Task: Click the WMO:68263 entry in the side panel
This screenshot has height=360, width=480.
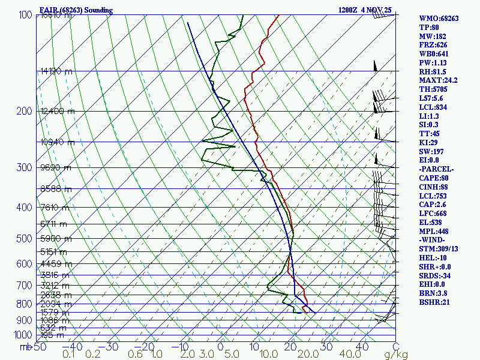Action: [439, 19]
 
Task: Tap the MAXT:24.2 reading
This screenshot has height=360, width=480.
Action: [438, 80]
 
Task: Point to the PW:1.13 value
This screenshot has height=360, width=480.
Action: [433, 62]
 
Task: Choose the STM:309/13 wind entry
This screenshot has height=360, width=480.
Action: [438, 249]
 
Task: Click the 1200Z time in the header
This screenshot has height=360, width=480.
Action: [349, 10]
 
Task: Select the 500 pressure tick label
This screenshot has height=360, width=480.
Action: [23, 239]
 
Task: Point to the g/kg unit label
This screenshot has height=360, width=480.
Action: [395, 355]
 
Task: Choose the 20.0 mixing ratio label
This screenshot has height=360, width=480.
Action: [307, 355]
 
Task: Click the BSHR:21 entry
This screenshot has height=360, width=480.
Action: [433, 302]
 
